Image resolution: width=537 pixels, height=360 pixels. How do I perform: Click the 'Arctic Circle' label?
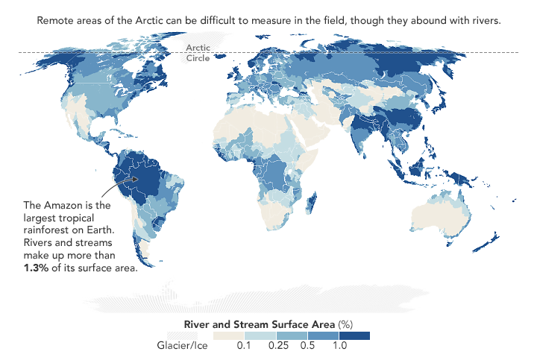click(198, 51)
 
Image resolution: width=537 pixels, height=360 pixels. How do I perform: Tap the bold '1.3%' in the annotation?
click(38, 268)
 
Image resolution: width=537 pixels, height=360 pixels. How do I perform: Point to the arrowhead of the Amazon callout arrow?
click(138, 178)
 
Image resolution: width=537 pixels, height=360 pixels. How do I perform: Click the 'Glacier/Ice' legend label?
click(182, 346)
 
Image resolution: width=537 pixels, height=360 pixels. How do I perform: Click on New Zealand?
click(493, 242)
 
